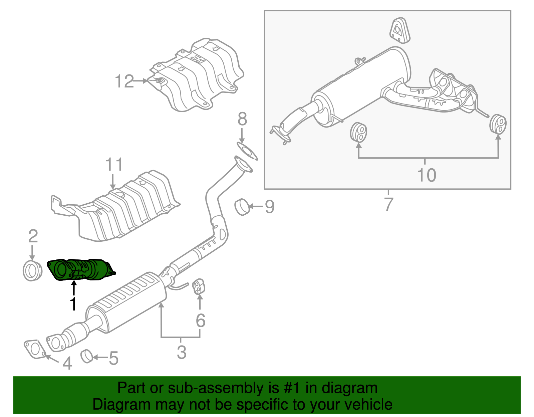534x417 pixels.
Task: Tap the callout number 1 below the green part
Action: pyautogui.click(x=73, y=304)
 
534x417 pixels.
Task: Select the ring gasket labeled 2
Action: pyautogui.click(x=32, y=271)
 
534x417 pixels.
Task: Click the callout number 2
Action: pyautogui.click(x=33, y=236)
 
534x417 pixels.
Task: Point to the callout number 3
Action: pyautogui.click(x=181, y=352)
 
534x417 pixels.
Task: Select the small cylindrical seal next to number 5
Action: pyautogui.click(x=87, y=356)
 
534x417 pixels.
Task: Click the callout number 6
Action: pyautogui.click(x=200, y=321)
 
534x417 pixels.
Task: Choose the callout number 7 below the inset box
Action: pyautogui.click(x=388, y=204)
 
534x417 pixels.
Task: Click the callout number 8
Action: pyautogui.click(x=242, y=119)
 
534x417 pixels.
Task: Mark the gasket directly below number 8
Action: pyautogui.click(x=247, y=151)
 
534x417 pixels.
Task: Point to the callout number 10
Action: pyautogui.click(x=427, y=175)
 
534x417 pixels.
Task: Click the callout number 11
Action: pyautogui.click(x=114, y=165)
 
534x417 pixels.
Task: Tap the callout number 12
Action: pyautogui.click(x=124, y=81)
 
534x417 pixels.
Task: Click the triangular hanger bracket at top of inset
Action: pyautogui.click(x=399, y=31)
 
